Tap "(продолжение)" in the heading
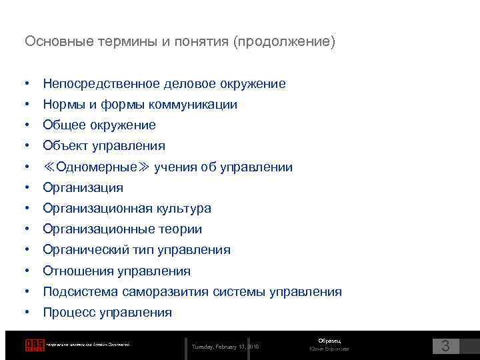(x=285, y=42)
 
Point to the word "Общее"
(x=61, y=125)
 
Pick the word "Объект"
(x=64, y=146)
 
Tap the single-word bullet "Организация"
(x=83, y=188)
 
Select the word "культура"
(x=184, y=209)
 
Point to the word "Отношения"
(x=78, y=271)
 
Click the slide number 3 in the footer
(x=446, y=346)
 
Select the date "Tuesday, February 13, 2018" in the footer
(x=226, y=347)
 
